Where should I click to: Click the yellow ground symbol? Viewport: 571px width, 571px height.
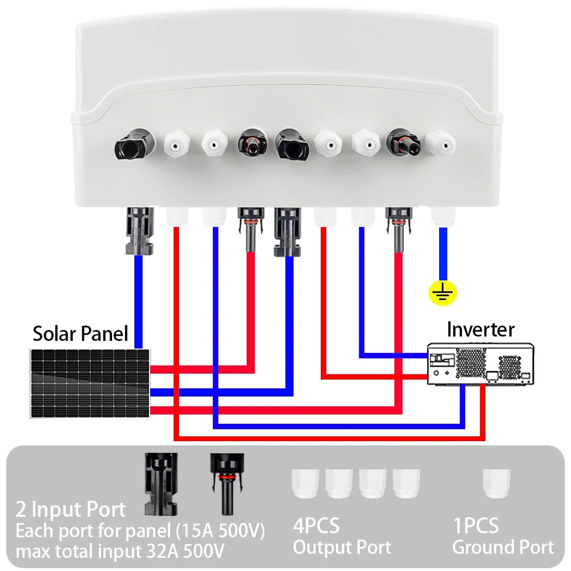click(x=443, y=293)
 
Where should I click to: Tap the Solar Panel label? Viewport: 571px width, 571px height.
click(x=80, y=333)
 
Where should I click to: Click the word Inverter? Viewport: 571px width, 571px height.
click(x=480, y=329)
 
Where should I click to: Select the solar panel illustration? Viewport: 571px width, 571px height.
click(x=91, y=383)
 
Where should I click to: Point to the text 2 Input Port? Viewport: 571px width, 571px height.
click(x=71, y=509)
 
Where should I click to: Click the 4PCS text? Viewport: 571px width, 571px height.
click(x=316, y=525)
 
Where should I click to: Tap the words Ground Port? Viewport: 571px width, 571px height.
click(x=503, y=547)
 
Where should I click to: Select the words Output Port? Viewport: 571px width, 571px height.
click(x=342, y=547)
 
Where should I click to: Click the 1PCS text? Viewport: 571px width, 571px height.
click(x=476, y=525)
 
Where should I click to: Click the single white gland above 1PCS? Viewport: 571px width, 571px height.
click(x=496, y=483)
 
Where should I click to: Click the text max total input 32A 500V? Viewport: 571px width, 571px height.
click(x=120, y=552)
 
